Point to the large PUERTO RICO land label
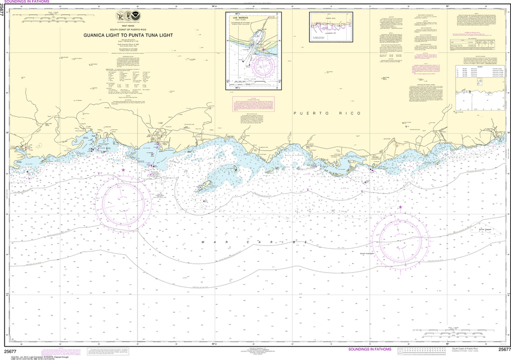327,114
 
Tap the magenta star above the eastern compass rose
400,207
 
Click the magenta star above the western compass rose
124,171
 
